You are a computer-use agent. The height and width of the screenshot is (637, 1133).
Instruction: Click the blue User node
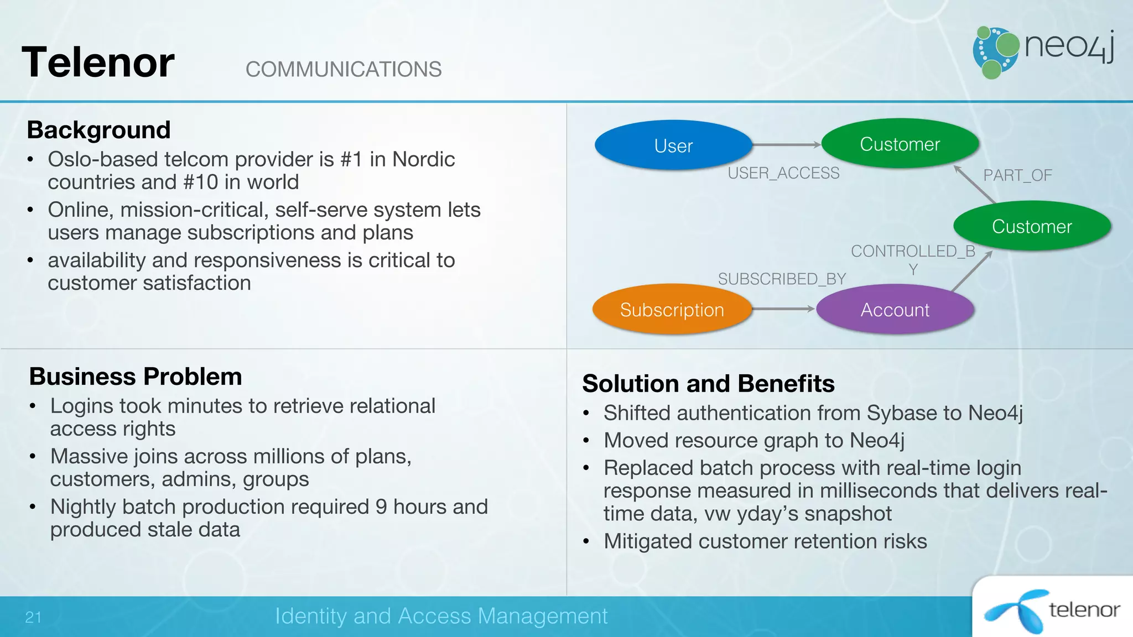click(673, 145)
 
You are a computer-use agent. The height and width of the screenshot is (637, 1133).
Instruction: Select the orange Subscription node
click(672, 310)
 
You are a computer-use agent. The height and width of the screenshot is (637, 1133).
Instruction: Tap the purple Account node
click(895, 310)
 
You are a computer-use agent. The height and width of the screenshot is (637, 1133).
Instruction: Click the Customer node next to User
click(900, 144)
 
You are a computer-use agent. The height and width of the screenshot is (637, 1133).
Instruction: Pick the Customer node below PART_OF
click(1032, 226)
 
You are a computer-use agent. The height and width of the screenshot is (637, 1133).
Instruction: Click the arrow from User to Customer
click(786, 145)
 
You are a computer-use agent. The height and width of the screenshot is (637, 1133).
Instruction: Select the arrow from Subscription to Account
click(783, 309)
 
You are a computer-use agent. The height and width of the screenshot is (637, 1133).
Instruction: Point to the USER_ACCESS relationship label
click(783, 173)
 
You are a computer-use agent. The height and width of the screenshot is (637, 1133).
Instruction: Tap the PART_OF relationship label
click(1017, 175)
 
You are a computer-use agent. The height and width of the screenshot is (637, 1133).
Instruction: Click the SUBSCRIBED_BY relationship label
click(782, 279)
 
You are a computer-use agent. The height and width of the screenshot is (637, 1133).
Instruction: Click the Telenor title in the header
click(98, 62)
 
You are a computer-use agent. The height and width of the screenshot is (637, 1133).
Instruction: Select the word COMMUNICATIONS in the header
click(343, 70)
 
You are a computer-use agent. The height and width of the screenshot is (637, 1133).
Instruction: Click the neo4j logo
click(1043, 51)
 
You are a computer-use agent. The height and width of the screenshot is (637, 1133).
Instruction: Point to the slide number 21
click(33, 617)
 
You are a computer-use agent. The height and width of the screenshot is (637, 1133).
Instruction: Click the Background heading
click(98, 130)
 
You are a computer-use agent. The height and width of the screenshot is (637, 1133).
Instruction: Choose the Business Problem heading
click(136, 377)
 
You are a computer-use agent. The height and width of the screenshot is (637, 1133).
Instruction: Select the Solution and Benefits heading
click(708, 383)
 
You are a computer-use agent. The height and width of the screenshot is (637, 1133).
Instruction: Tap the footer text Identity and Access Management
click(441, 616)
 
